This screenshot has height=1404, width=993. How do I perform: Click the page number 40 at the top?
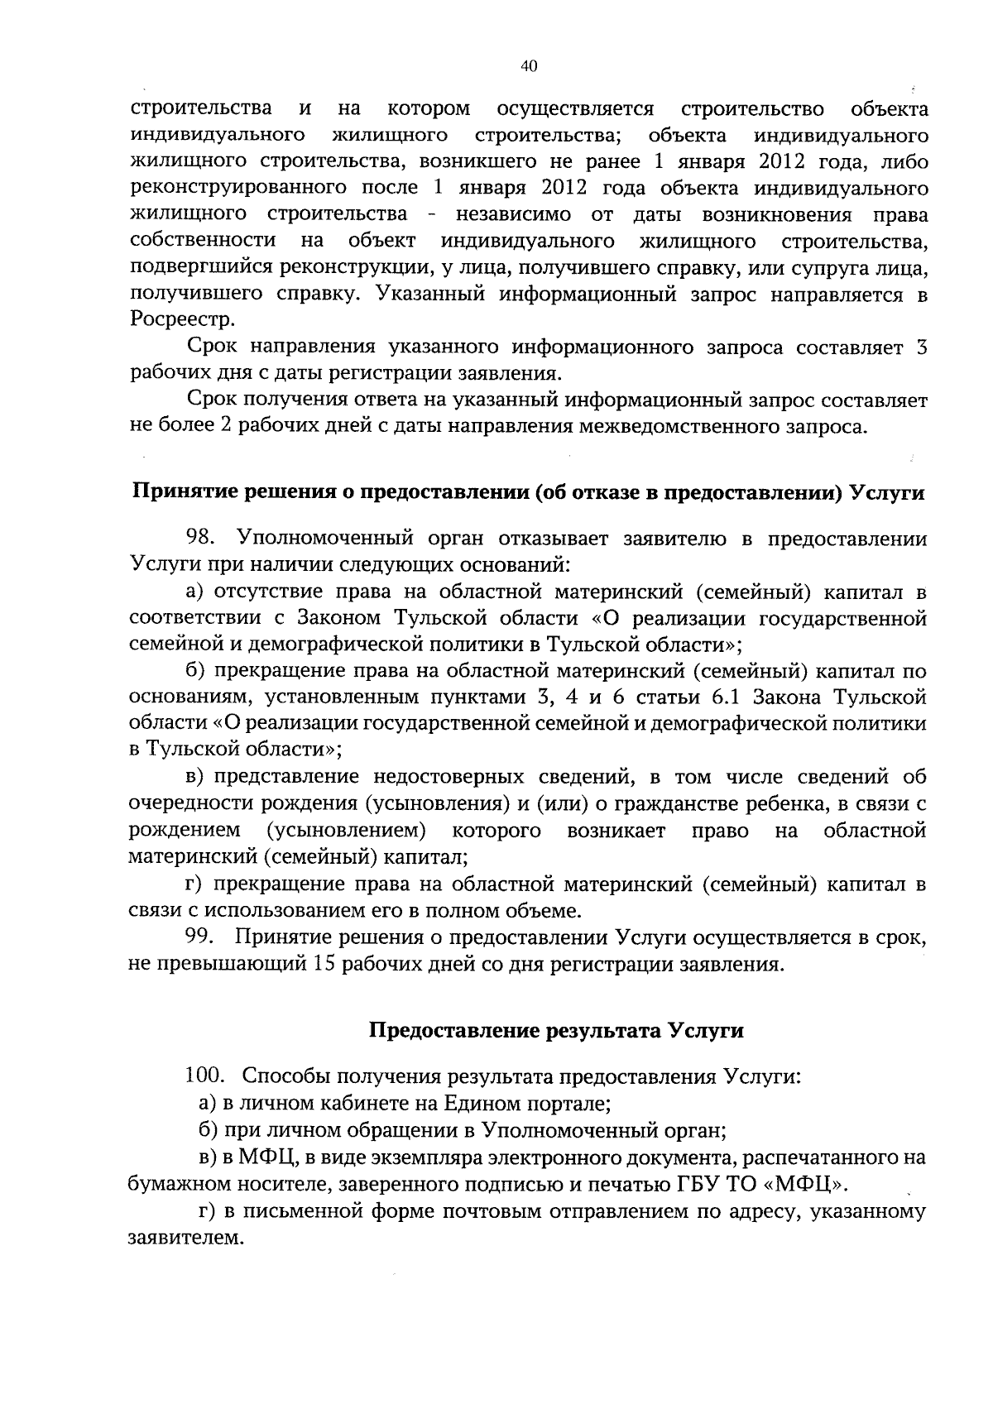530,67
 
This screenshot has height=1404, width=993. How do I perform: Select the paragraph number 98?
201,539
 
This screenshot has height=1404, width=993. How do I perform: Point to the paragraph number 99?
200,937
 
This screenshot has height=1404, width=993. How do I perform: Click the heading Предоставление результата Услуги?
555,1031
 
